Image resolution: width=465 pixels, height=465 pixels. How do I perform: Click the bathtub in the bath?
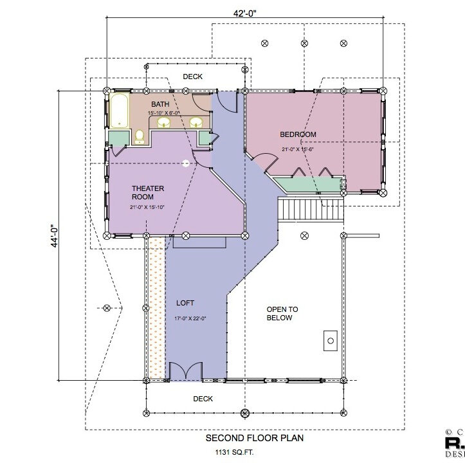120,111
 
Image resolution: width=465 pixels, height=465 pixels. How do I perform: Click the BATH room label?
160,104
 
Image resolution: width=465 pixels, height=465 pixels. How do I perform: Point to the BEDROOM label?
298,134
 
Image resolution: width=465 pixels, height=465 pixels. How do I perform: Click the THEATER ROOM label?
148,192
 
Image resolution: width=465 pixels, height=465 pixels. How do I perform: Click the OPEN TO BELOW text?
280,314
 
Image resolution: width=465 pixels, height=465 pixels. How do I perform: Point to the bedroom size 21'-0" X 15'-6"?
297,149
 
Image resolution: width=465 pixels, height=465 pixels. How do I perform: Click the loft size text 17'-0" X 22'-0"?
190,318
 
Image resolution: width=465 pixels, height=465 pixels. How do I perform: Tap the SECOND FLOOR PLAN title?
254,438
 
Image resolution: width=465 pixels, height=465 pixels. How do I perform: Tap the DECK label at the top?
192,77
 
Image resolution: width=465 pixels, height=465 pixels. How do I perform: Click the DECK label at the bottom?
203,399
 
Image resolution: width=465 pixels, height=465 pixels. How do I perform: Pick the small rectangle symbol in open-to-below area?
331,340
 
